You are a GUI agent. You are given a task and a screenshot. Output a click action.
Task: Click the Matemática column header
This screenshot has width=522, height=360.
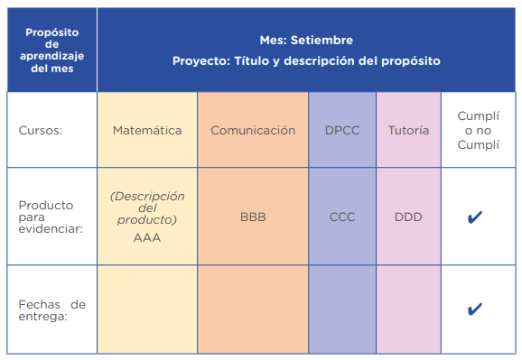tap(147, 130)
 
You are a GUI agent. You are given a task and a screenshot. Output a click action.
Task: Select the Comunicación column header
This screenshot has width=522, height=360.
tap(253, 130)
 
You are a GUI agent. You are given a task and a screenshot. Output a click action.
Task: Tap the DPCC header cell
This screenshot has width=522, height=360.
tap(342, 130)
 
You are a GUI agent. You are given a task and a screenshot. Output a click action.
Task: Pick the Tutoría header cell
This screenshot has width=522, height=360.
tap(408, 130)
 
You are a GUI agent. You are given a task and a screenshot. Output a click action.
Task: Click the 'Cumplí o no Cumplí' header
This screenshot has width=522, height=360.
tap(478, 130)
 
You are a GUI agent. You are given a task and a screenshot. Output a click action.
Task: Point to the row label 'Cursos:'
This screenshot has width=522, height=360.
tap(41, 130)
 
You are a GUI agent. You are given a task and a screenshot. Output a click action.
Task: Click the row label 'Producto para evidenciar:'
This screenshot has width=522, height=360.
tap(51, 217)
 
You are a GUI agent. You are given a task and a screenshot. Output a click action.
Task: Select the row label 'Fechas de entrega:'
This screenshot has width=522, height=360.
tap(52, 310)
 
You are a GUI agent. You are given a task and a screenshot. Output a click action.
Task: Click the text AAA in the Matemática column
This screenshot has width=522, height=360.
tap(147, 237)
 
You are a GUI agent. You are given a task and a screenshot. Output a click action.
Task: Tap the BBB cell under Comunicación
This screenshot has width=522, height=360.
tap(253, 217)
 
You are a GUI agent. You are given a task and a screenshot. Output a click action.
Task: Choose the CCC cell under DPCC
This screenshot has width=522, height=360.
tap(342, 217)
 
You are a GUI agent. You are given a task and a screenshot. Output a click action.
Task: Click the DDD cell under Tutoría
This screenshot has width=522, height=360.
tap(408, 217)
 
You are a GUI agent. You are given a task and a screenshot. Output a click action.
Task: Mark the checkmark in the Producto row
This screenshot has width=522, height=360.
tap(474, 217)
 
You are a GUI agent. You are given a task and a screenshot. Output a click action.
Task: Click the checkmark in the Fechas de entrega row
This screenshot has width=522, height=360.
tap(474, 309)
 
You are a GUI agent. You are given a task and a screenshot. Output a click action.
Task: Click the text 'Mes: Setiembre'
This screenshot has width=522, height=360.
tap(306, 40)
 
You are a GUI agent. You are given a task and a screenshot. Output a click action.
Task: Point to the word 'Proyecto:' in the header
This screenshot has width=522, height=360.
tap(201, 60)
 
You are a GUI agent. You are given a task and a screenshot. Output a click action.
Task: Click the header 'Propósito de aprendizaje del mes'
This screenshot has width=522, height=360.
tap(52, 51)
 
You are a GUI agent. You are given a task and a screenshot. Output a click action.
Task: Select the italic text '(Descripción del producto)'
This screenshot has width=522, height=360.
tap(147, 208)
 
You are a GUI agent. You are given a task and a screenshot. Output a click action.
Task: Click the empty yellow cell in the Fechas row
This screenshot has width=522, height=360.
tap(147, 309)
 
